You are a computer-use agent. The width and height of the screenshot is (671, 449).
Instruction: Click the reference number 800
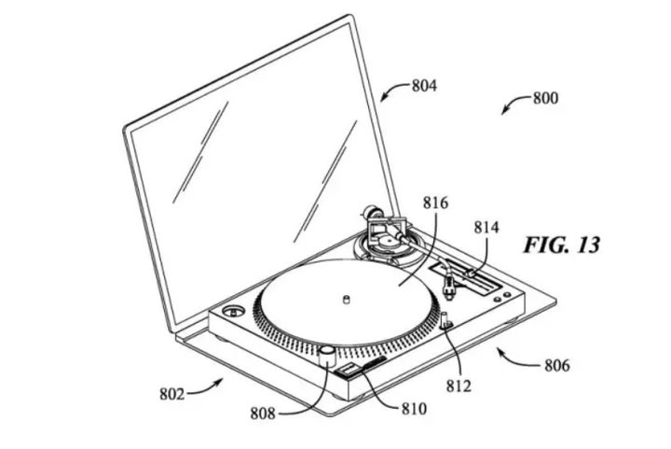click(x=545, y=98)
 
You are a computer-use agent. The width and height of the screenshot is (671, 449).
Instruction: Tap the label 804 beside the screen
click(x=425, y=86)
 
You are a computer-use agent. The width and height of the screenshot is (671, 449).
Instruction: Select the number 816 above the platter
click(x=435, y=203)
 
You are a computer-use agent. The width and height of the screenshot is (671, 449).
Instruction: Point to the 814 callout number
click(x=486, y=227)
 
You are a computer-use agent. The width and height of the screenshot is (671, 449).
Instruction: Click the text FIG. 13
click(x=561, y=246)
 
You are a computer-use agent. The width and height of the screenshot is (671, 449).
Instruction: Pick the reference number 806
click(x=557, y=366)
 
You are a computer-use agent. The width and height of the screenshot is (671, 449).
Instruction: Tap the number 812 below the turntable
click(x=459, y=386)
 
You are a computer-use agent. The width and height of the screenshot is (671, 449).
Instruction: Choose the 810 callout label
click(x=414, y=409)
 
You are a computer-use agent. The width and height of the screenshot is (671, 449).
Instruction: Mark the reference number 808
click(x=263, y=414)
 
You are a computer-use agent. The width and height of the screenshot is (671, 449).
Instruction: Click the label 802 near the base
click(x=172, y=394)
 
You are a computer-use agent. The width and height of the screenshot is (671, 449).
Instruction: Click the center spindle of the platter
click(x=347, y=299)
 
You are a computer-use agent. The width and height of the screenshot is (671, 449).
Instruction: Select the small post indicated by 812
click(x=445, y=320)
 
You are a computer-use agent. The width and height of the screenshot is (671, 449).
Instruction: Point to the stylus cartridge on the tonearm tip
click(x=449, y=287)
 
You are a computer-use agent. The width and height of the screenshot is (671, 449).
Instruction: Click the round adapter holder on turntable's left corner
click(x=233, y=311)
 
